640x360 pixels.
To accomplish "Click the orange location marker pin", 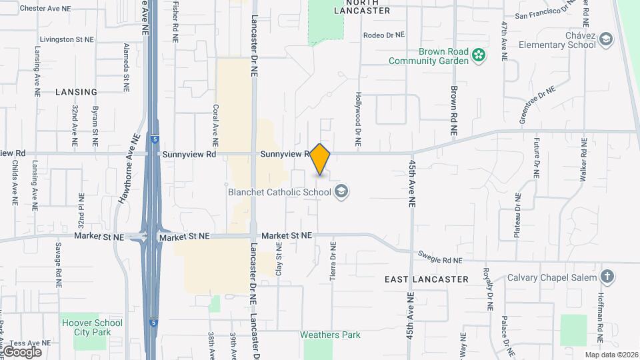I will (320, 159).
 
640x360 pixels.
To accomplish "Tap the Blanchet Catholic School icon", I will (342, 192).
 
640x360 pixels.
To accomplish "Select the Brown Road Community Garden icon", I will (478, 55).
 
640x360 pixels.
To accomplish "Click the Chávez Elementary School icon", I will (606, 39).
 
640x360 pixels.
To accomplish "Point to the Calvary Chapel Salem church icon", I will (607, 277).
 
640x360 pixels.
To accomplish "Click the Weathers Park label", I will (330, 335).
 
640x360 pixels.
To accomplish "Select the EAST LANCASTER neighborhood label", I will (427, 279).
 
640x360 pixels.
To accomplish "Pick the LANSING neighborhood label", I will (77, 92).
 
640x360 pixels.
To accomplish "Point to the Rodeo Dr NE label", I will (384, 35).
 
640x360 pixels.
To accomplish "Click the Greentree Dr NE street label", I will (537, 104).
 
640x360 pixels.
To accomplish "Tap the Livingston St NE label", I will (66, 39).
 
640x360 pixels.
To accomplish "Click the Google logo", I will (22, 352).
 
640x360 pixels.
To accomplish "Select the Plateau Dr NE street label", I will (517, 215).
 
